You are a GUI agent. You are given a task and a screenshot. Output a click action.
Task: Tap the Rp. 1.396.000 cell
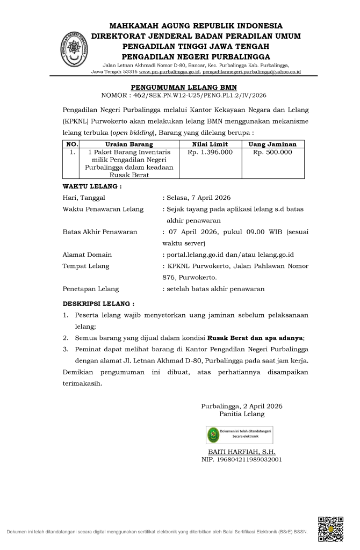pos(210,152)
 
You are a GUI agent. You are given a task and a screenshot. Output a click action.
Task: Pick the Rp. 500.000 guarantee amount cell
pos(272,152)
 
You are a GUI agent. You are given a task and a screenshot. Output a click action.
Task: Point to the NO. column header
pos(71,144)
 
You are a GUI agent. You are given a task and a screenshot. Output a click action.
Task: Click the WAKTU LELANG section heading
pos(92,186)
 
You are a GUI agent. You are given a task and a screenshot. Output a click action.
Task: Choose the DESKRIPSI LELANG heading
pos(98,303)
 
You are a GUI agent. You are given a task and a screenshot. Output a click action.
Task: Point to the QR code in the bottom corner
pos(330,529)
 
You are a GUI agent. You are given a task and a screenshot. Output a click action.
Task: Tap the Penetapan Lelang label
pos(91,289)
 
